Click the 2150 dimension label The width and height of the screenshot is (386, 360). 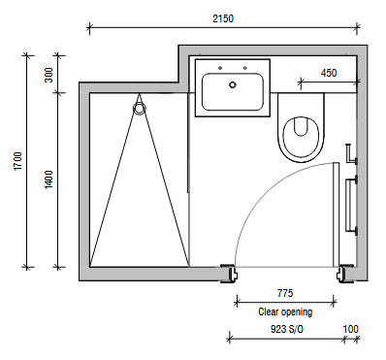223,18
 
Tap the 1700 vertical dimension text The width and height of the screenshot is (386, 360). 18,161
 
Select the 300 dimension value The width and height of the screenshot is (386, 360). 48,75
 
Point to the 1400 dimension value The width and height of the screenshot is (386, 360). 48,180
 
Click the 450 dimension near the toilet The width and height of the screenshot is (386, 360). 329,73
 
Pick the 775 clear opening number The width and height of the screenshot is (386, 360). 285,293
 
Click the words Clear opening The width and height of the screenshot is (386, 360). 285,311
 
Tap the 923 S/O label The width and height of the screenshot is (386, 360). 287,329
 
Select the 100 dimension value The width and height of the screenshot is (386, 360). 351,329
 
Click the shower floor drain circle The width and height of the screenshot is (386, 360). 139,109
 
